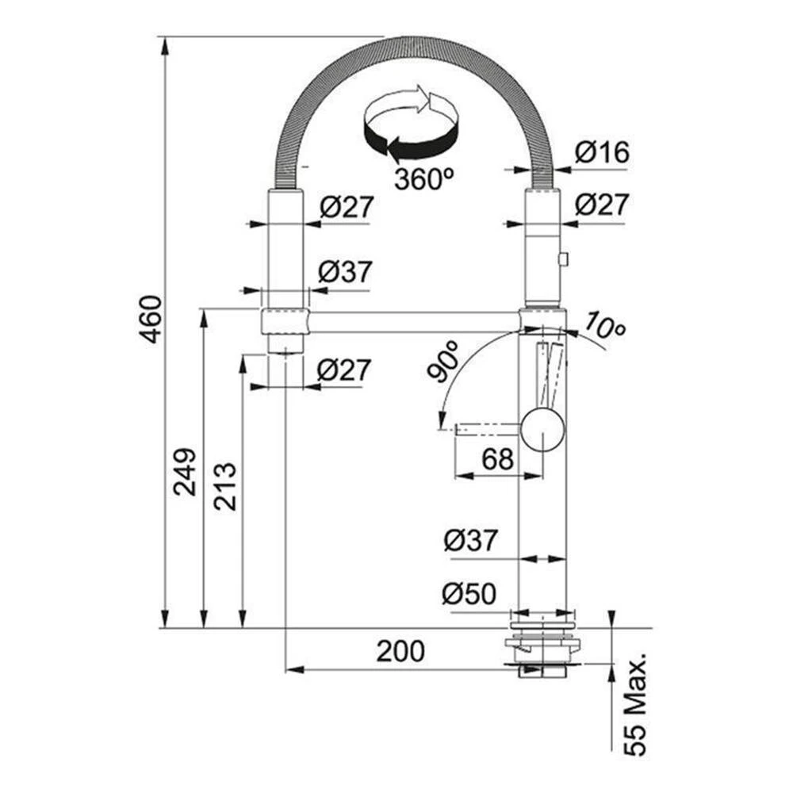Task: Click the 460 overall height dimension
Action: tap(151, 319)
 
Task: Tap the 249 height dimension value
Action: tap(185, 471)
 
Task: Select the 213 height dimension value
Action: tap(225, 486)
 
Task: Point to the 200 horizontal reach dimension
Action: tap(400, 651)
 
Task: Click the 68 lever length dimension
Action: tap(498, 459)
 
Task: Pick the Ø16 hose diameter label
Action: tap(602, 151)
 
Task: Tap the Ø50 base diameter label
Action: tap(469, 593)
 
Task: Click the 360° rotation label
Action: tap(423, 178)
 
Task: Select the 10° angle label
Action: tap(605, 325)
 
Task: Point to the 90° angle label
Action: tap(443, 361)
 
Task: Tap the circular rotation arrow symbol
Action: tap(411, 123)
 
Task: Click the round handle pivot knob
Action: tap(542, 431)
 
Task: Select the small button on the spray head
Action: tap(563, 259)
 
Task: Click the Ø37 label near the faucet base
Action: tap(470, 541)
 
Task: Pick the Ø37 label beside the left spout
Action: tap(346, 271)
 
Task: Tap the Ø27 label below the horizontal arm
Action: tap(344, 370)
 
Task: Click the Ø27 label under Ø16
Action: tap(602, 204)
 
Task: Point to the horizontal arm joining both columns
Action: tap(414, 322)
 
